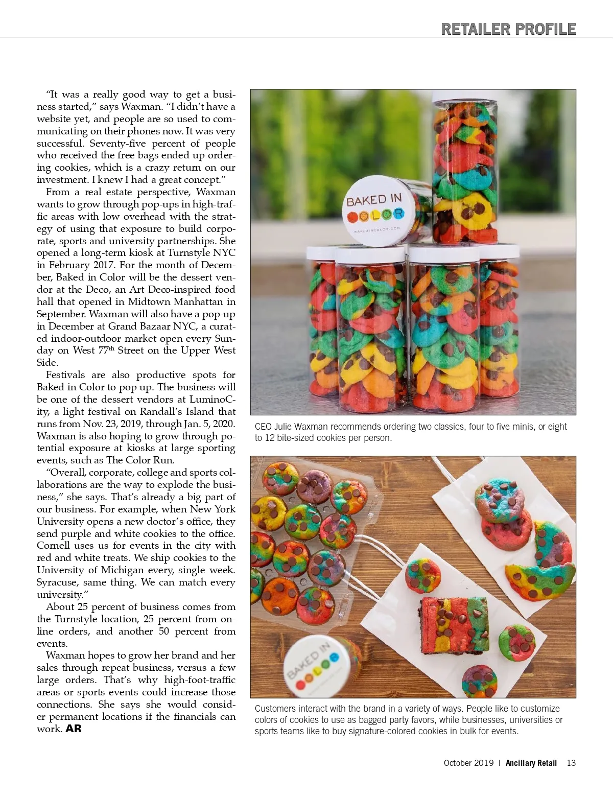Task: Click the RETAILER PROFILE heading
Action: (508, 29)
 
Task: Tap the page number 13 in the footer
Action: (571, 763)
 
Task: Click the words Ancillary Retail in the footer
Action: (531, 763)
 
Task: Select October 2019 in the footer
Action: (468, 763)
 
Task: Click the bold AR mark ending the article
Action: (74, 729)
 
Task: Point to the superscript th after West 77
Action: (111, 348)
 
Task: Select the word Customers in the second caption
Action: (275, 709)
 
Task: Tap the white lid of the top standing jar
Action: (464, 96)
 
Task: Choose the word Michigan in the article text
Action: (127, 570)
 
